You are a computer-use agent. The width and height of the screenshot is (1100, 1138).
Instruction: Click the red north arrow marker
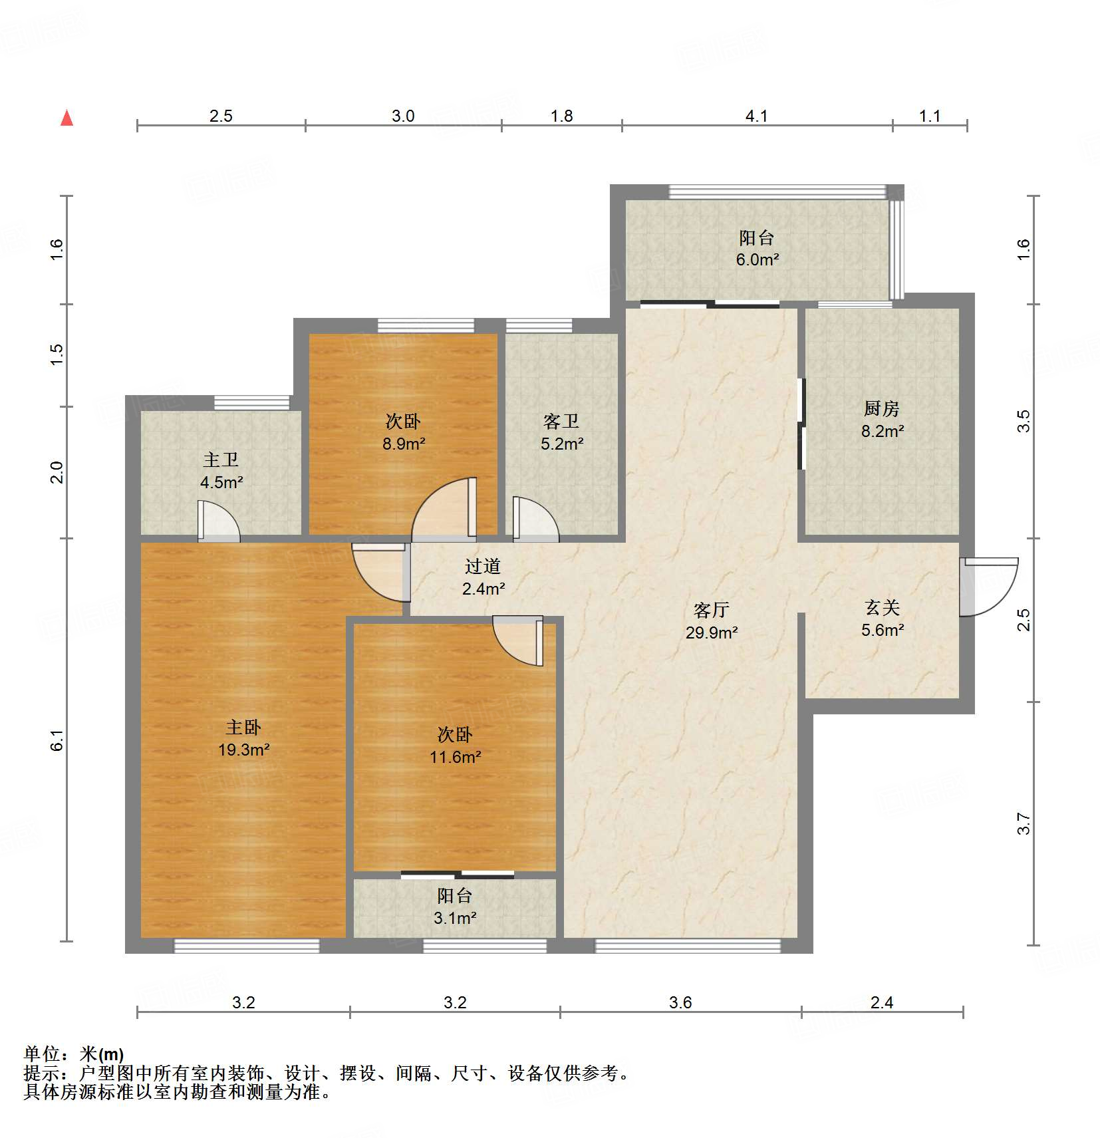tap(67, 118)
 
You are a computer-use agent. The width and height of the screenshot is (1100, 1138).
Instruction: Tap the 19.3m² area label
tap(243, 750)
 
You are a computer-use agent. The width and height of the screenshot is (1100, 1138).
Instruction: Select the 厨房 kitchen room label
tap(882, 408)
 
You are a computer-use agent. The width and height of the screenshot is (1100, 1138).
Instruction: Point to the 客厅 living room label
tap(711, 610)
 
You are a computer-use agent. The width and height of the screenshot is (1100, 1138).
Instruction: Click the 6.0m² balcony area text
tap(757, 259)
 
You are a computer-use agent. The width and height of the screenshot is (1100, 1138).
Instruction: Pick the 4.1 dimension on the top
tap(756, 116)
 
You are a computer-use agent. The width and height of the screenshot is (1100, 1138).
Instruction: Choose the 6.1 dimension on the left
tap(57, 740)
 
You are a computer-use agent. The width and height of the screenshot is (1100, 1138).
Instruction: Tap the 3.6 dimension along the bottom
tap(680, 1002)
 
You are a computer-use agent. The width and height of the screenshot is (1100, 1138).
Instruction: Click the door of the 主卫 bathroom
tap(218, 520)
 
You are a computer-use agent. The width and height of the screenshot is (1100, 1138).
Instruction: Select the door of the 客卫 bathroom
tap(535, 517)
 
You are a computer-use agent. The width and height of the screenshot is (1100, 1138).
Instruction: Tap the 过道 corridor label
tap(482, 566)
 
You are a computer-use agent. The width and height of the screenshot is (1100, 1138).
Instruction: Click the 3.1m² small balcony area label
tap(455, 918)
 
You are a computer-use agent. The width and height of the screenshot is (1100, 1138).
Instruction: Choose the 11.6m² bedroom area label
tap(455, 757)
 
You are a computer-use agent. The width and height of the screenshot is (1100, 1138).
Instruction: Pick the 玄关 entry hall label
tap(882, 607)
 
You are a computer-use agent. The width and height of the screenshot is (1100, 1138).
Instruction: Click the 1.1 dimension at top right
tap(930, 116)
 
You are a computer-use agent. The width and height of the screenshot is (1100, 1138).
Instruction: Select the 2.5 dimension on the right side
tap(1024, 620)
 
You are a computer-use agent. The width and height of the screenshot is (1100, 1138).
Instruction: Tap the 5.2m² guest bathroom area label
tap(562, 444)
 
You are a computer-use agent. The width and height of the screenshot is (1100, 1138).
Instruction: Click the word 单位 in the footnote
tap(42, 1054)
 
